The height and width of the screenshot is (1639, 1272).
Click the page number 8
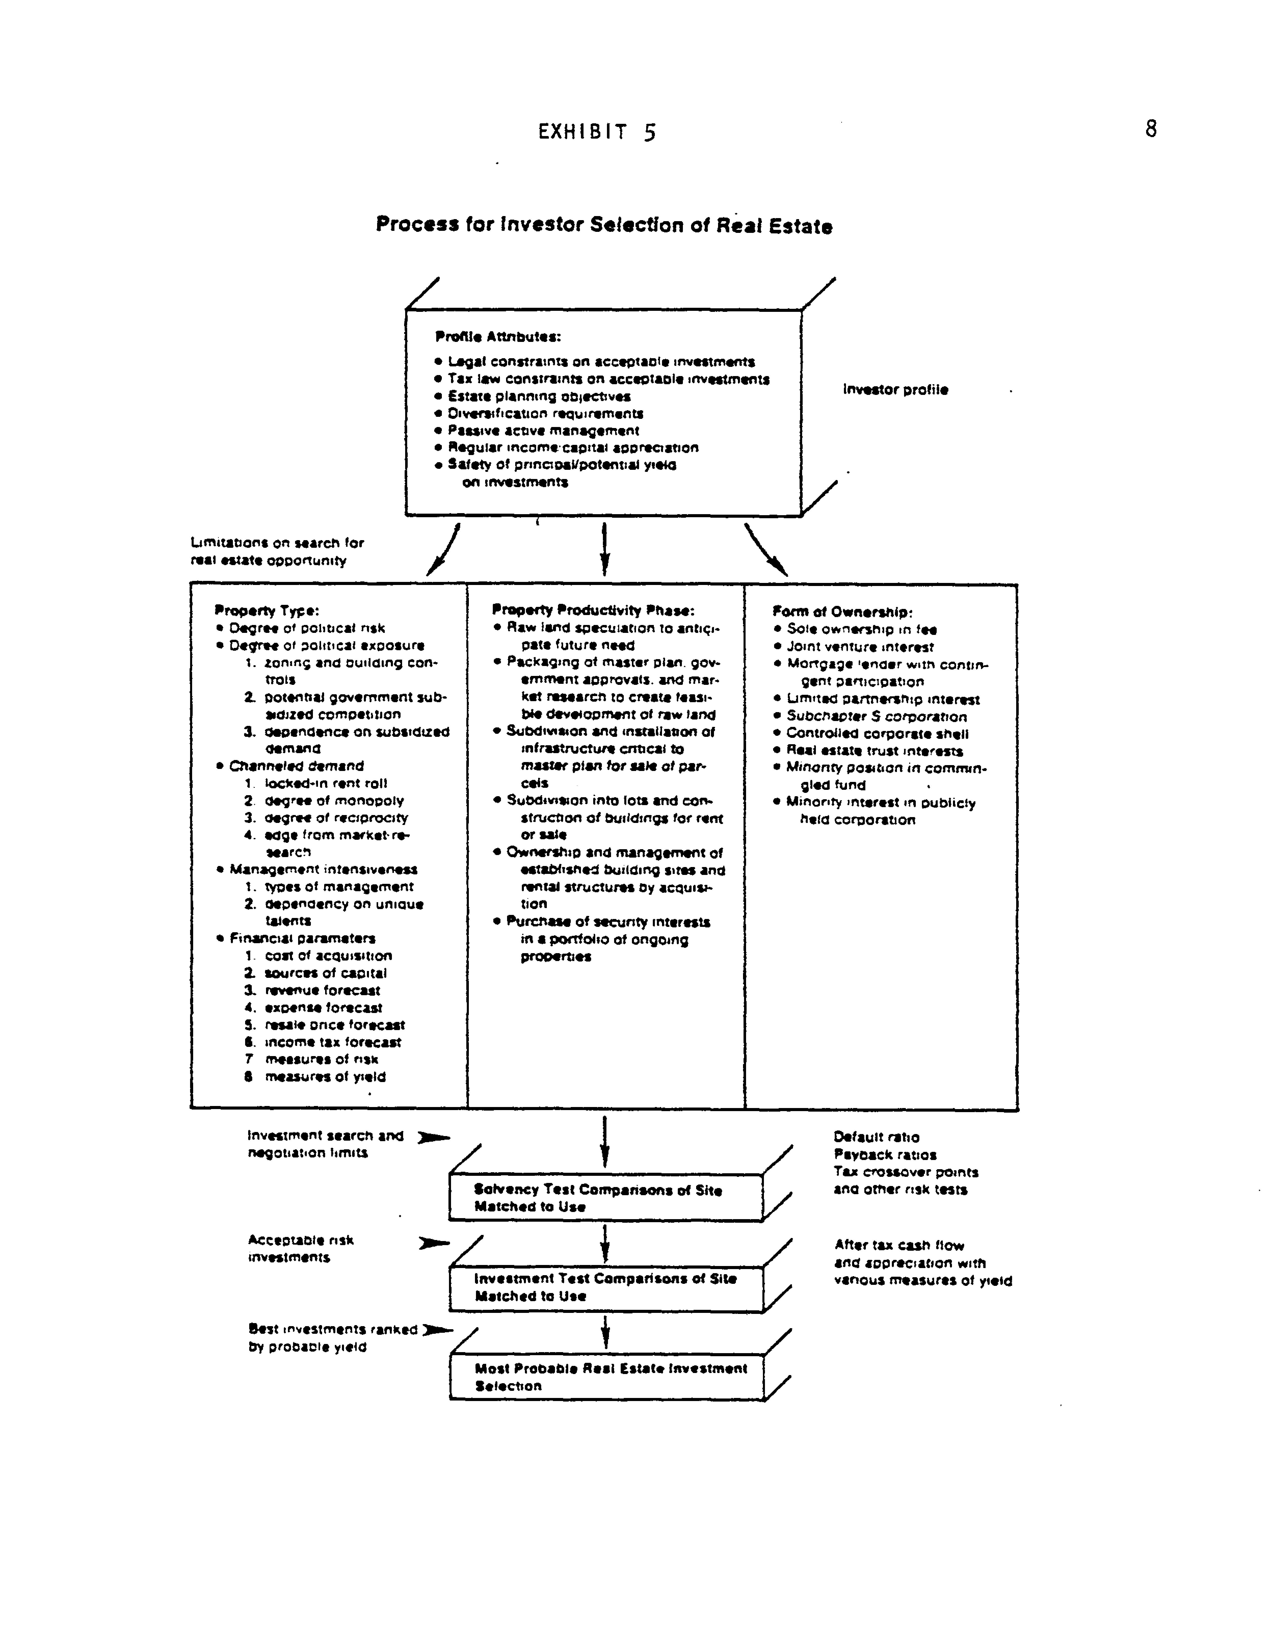[x=1150, y=129]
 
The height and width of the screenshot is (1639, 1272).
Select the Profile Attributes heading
[x=498, y=337]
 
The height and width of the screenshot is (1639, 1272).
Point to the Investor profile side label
[x=895, y=390]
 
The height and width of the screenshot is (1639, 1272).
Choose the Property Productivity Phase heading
[x=593, y=610]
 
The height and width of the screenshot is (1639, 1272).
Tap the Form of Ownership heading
[x=842, y=612]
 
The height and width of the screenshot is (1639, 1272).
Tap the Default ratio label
[x=876, y=1137]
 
